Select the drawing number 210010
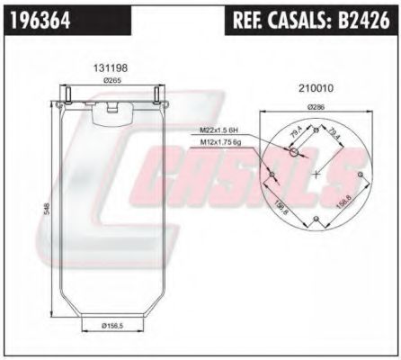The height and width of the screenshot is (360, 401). point(316,88)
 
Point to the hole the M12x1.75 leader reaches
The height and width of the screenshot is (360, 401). point(271,174)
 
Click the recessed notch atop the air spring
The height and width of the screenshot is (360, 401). point(111,107)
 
